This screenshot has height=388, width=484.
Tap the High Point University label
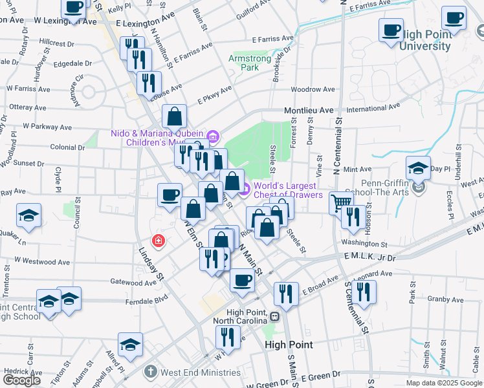425,41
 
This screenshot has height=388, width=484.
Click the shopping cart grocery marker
340,202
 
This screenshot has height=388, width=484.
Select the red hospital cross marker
157,241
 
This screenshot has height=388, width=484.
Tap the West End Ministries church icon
150,372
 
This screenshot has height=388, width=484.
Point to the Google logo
21,380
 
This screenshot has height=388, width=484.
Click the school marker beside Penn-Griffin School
418,168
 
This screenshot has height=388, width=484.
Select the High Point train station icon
275,317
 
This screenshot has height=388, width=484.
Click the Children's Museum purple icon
214,136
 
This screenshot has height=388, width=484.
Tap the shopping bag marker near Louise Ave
174,116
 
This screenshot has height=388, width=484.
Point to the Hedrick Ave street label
23,372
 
